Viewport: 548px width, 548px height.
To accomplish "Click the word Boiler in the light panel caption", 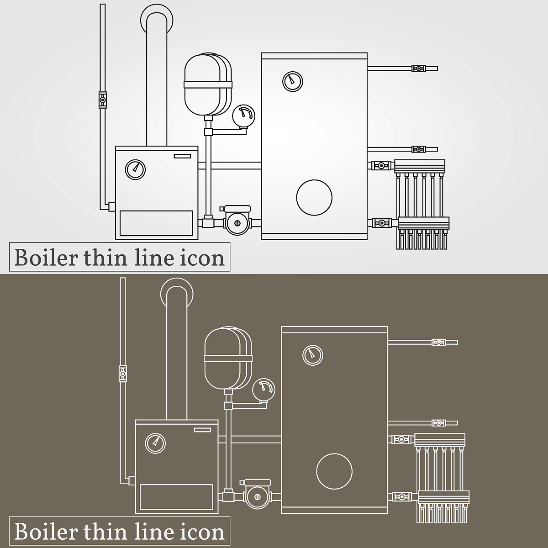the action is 46,258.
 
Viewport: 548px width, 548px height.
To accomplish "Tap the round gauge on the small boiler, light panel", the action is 135,169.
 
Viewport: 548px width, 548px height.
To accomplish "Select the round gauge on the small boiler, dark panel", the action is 155,443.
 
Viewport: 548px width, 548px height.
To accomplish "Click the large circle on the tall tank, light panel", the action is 314,198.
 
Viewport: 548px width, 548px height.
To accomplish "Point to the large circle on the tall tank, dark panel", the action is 334,471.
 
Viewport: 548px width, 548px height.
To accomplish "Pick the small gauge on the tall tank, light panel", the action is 293,82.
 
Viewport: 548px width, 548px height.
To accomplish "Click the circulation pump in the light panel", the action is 237,221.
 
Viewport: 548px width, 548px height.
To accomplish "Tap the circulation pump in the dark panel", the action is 258,495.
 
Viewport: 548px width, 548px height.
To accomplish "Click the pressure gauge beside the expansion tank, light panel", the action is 243,116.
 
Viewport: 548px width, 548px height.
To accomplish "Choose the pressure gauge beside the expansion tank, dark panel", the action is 263,390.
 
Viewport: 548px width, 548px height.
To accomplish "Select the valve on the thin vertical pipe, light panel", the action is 102,100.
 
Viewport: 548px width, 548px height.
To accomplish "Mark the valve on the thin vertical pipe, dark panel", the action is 122,374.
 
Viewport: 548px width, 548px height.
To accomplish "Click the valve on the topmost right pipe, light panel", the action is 419,68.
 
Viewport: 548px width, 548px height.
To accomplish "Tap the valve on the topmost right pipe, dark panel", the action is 439,342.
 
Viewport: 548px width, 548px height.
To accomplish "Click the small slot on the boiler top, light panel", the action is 183,156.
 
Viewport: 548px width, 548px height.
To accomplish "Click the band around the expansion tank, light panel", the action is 208,84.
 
